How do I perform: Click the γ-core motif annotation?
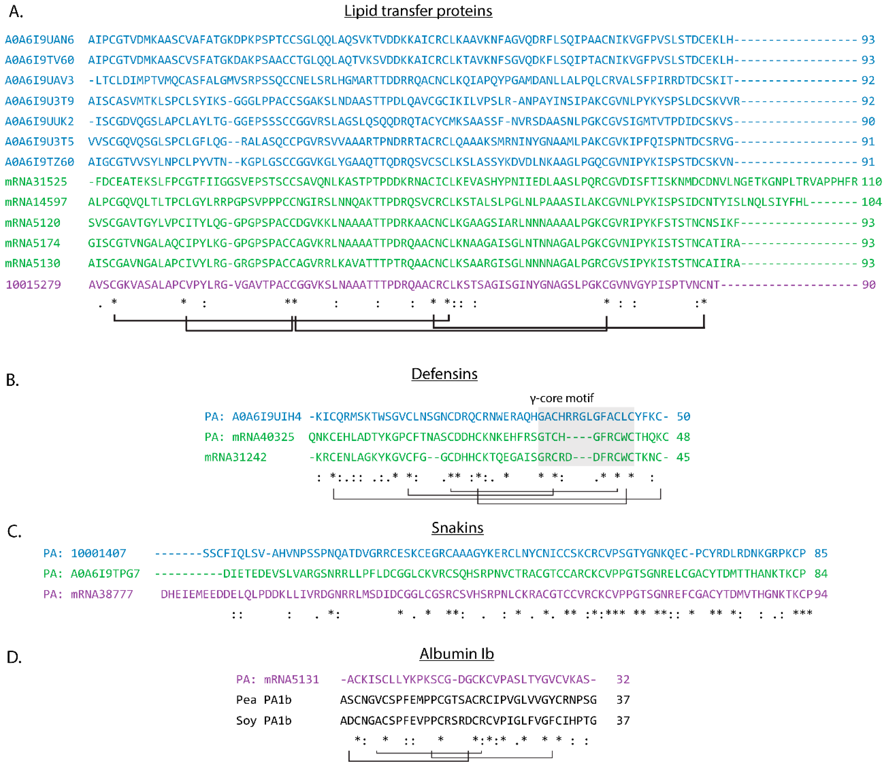coord(561,398)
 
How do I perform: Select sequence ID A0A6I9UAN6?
coord(39,40)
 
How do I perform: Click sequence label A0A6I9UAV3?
coord(39,80)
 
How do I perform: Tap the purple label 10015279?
coord(33,285)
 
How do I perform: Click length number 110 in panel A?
coord(871,182)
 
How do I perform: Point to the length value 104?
coord(871,202)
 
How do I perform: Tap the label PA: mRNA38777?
coord(88,595)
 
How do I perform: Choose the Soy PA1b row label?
coord(263,721)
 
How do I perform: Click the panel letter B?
coord(12,380)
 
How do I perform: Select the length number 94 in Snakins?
coord(821,595)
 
